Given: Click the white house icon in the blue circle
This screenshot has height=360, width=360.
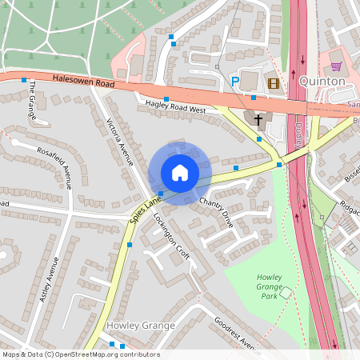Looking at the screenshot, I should click(179, 172).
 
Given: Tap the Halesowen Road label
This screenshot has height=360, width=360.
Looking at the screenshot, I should click(83, 81).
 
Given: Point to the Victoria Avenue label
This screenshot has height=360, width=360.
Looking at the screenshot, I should click(120, 142).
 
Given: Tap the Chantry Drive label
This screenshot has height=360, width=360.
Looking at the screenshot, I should click(215, 212).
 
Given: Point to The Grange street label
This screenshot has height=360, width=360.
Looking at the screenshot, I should click(31, 99).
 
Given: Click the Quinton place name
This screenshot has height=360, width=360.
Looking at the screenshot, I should click(322, 82).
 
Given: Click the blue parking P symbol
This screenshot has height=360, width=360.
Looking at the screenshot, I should click(235, 82).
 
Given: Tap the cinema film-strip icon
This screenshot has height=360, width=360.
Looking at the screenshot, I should click(274, 82).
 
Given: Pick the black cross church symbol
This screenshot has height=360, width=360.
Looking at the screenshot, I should click(258, 120).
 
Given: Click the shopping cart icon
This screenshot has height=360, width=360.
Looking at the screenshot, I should click(335, 66).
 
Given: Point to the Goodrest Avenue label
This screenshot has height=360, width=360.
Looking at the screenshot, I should click(238, 335).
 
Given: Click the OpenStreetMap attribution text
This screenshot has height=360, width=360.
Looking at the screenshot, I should click(80, 354).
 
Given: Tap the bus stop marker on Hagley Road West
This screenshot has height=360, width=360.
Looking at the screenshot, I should click(166, 99).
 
